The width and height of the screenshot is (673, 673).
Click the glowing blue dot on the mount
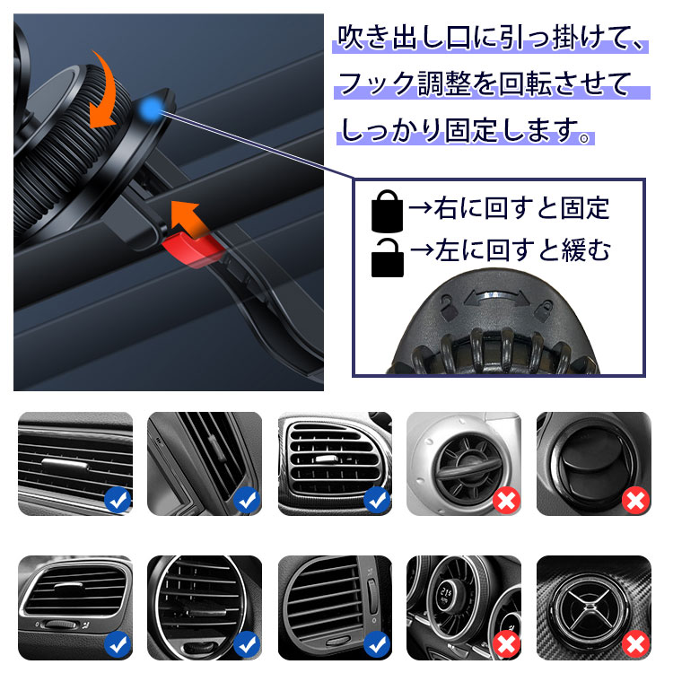(x=150, y=109)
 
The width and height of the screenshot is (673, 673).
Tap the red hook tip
(x=192, y=250)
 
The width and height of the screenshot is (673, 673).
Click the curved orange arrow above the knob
(x=103, y=90)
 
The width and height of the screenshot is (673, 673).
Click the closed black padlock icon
(x=387, y=211)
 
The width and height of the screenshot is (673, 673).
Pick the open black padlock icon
(x=387, y=258)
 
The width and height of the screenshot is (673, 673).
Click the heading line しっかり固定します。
(x=465, y=130)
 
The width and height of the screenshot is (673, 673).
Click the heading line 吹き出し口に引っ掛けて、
(x=491, y=38)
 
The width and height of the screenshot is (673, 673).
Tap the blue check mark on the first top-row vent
(x=118, y=500)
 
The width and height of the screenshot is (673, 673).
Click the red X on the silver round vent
(x=506, y=501)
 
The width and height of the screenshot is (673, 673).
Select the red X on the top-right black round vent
(x=636, y=501)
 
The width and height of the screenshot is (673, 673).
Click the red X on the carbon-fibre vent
(x=636, y=644)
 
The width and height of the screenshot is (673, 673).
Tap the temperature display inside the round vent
(x=446, y=596)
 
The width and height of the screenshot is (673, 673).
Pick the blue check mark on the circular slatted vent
(x=247, y=644)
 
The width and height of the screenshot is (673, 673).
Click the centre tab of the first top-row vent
(x=65, y=465)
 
